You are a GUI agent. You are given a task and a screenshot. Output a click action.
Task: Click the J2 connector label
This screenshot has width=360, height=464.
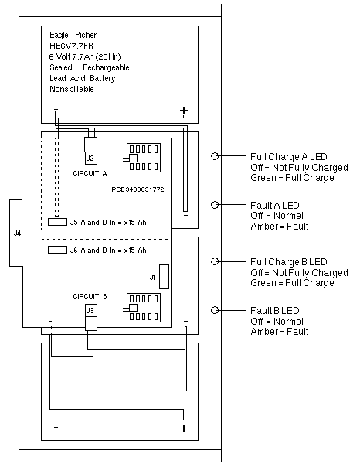click(x=90, y=158)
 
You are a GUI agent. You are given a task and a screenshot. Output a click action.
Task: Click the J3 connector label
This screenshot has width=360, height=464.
click(x=90, y=310)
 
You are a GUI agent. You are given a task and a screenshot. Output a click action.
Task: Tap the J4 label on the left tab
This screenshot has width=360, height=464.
click(x=18, y=234)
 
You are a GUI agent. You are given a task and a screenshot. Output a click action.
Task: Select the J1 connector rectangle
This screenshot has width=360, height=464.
click(x=164, y=277)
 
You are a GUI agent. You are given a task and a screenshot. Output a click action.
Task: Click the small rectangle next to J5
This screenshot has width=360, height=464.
click(x=57, y=222)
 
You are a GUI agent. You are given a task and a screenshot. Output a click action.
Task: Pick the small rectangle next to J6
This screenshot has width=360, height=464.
click(x=57, y=250)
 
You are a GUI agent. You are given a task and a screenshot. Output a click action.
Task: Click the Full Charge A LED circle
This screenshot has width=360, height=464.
click(x=215, y=155)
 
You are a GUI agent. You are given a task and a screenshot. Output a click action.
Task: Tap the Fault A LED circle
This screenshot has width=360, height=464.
click(x=215, y=204)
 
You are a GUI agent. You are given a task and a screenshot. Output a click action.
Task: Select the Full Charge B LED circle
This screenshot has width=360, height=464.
click(x=215, y=261)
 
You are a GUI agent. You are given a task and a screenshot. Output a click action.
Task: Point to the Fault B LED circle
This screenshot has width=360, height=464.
click(x=215, y=310)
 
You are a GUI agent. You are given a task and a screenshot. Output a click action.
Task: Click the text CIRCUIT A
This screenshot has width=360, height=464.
click(x=90, y=173)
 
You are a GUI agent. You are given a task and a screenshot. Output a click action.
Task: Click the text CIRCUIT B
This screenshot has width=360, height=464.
click(x=90, y=296)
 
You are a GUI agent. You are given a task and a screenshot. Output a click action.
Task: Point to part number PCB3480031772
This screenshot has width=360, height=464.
click(x=138, y=189)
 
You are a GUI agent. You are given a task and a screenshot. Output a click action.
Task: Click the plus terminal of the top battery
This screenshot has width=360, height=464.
click(x=184, y=111)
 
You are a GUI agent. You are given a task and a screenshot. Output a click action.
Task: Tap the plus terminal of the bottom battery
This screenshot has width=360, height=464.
click(x=184, y=428)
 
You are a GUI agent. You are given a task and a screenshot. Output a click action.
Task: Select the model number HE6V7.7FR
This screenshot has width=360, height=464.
click(x=71, y=46)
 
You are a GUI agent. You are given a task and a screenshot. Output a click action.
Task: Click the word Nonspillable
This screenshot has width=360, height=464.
click(x=72, y=89)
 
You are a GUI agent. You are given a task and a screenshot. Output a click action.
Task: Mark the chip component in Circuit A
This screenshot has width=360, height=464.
click(x=144, y=158)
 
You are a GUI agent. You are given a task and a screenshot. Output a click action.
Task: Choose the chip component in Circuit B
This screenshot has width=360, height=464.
click(x=144, y=308)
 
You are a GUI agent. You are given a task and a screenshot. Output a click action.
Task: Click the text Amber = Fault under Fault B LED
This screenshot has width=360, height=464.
click(x=280, y=332)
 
